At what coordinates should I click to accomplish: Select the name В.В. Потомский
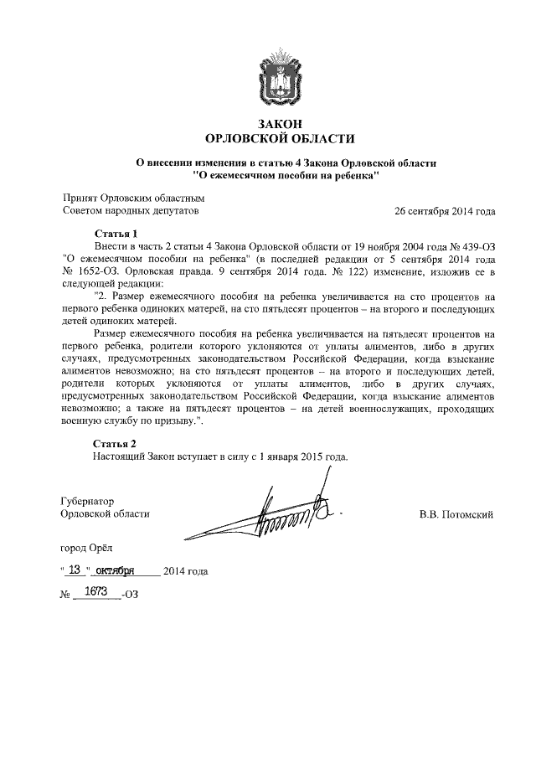pyautogui.click(x=456, y=513)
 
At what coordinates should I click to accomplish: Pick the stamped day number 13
pyautogui.click(x=75, y=570)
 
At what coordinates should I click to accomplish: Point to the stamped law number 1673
pyautogui.click(x=98, y=592)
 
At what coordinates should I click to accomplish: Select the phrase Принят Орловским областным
pyautogui.click(x=134, y=198)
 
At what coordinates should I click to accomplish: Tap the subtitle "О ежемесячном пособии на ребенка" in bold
pyautogui.click(x=286, y=175)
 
